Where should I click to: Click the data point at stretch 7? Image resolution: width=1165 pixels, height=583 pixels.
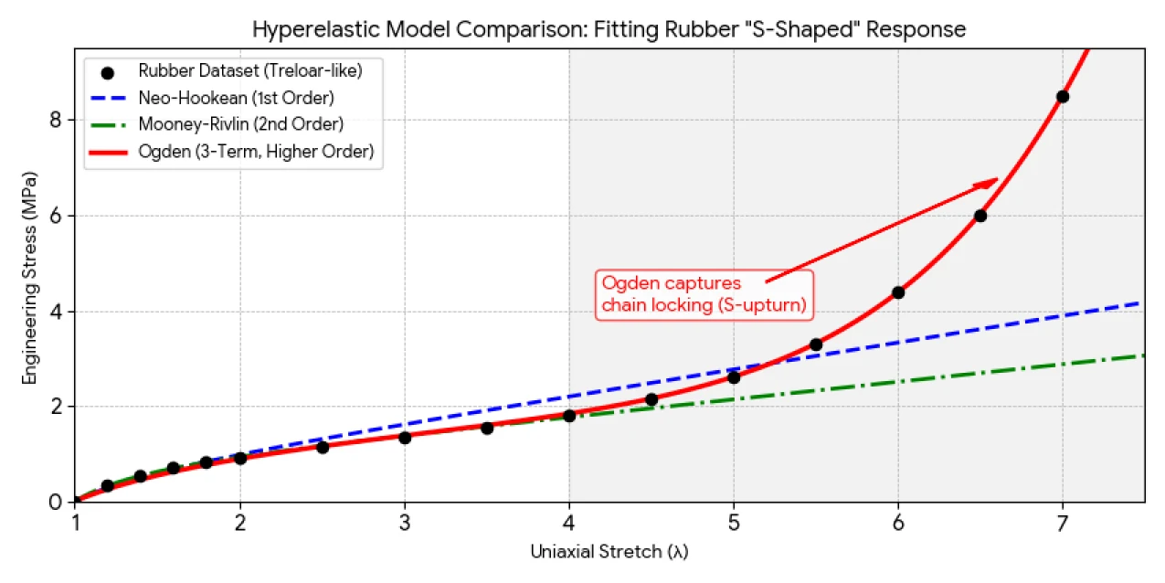pos(1062,97)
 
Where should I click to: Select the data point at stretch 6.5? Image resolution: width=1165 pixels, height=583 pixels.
pos(980,216)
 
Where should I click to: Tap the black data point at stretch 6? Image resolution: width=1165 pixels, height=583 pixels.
pos(897,292)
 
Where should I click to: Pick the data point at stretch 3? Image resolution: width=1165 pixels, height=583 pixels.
pos(405,438)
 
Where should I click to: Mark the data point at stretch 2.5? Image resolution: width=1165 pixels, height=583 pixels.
pos(323,447)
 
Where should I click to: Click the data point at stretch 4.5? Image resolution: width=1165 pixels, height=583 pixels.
pos(651,399)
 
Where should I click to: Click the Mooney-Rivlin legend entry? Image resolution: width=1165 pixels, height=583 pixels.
pos(240,124)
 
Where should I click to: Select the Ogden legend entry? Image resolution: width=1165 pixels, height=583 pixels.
pos(256,152)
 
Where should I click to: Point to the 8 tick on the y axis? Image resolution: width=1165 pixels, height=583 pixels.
pos(55,121)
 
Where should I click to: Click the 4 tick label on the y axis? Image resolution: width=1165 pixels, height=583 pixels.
pos(55,312)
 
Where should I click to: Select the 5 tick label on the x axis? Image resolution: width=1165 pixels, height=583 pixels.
pos(733,521)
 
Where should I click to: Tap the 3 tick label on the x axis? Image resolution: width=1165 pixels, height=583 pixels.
pos(405,521)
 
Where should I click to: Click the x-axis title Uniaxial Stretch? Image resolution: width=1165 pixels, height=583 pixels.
pos(609,552)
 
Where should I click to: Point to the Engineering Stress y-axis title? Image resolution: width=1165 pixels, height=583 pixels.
pos(29,276)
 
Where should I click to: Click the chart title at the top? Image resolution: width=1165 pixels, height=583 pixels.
pos(609,29)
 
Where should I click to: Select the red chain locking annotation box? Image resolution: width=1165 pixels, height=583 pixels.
pos(704,294)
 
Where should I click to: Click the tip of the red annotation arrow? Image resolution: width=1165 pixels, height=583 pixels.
pos(997,180)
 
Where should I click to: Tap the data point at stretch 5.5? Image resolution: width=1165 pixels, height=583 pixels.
pos(815,344)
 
